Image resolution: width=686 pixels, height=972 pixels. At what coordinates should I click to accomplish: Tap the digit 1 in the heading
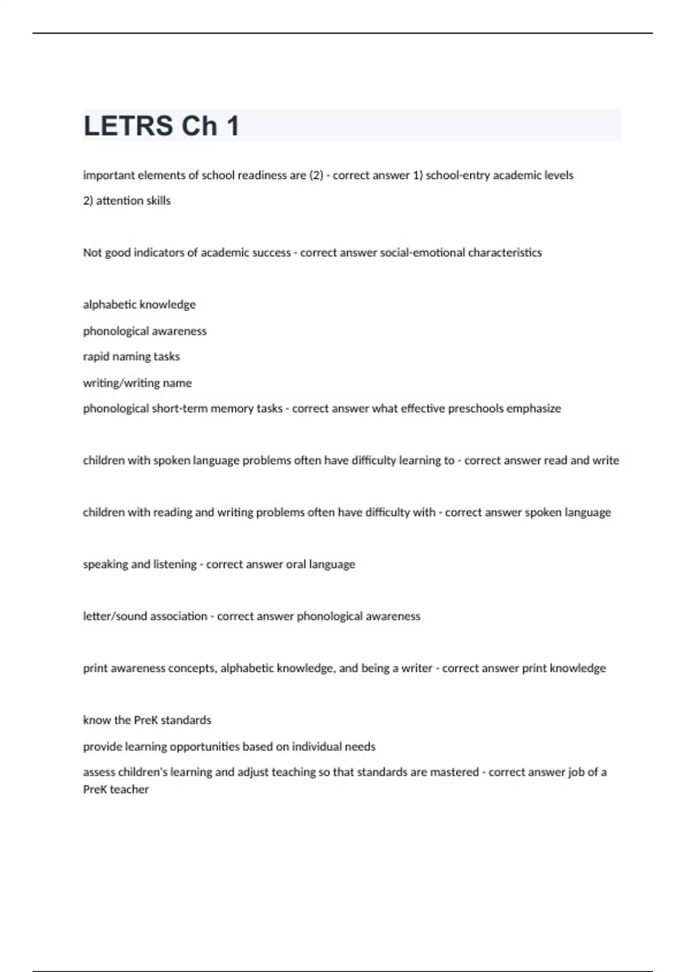click(x=233, y=126)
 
